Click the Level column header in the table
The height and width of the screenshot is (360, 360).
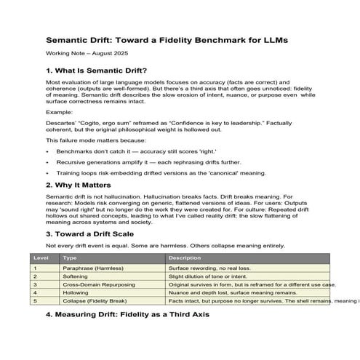click(x=41, y=258)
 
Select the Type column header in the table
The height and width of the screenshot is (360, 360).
click(x=70, y=258)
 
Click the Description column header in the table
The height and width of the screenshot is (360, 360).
click(x=185, y=258)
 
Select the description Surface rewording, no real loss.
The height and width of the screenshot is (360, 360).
click(x=210, y=269)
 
